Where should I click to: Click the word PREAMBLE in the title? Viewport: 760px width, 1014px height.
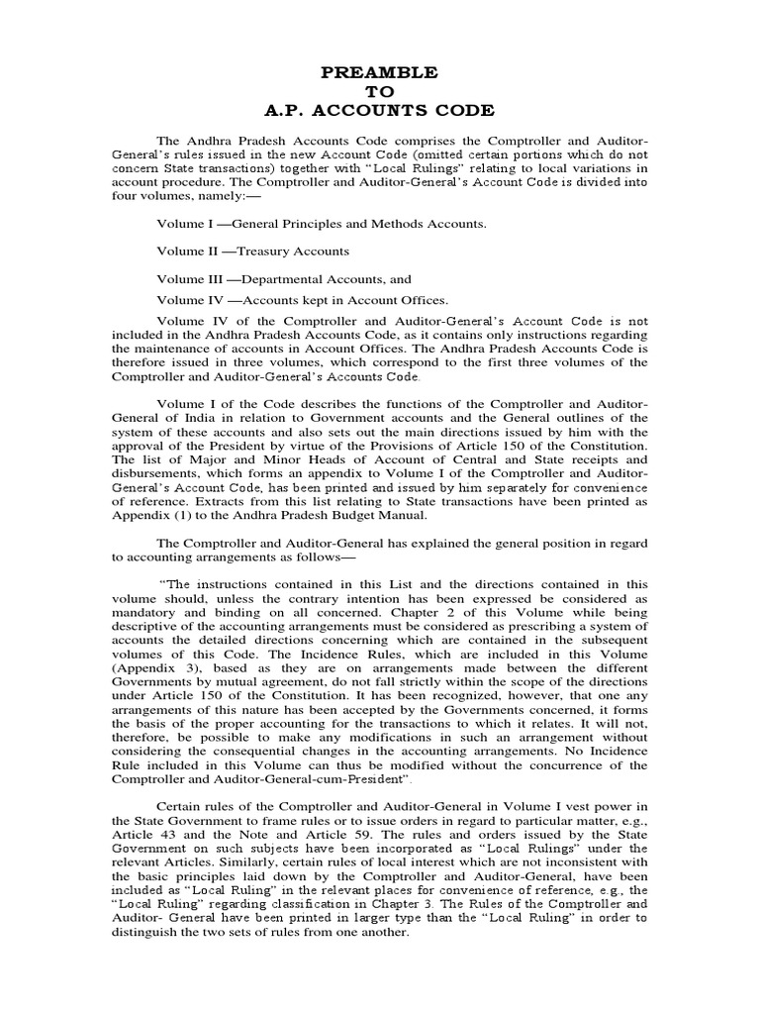380,72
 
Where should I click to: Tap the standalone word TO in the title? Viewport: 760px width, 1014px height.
380,91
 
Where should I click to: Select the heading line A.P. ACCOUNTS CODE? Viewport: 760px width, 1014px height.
380,110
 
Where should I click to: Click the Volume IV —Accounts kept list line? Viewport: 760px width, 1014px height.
302,300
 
